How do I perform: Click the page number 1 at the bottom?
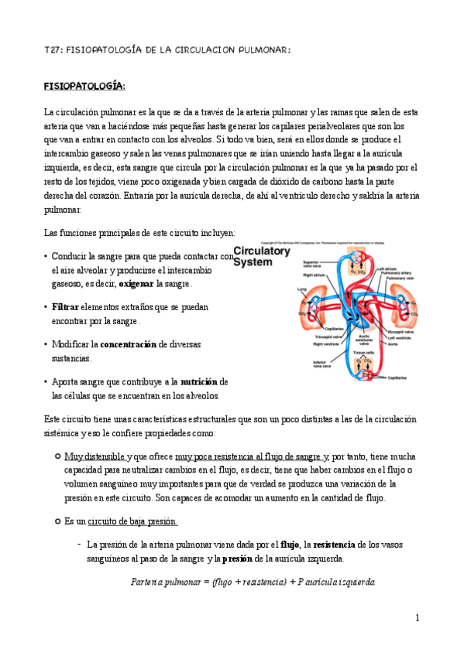(417, 618)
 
